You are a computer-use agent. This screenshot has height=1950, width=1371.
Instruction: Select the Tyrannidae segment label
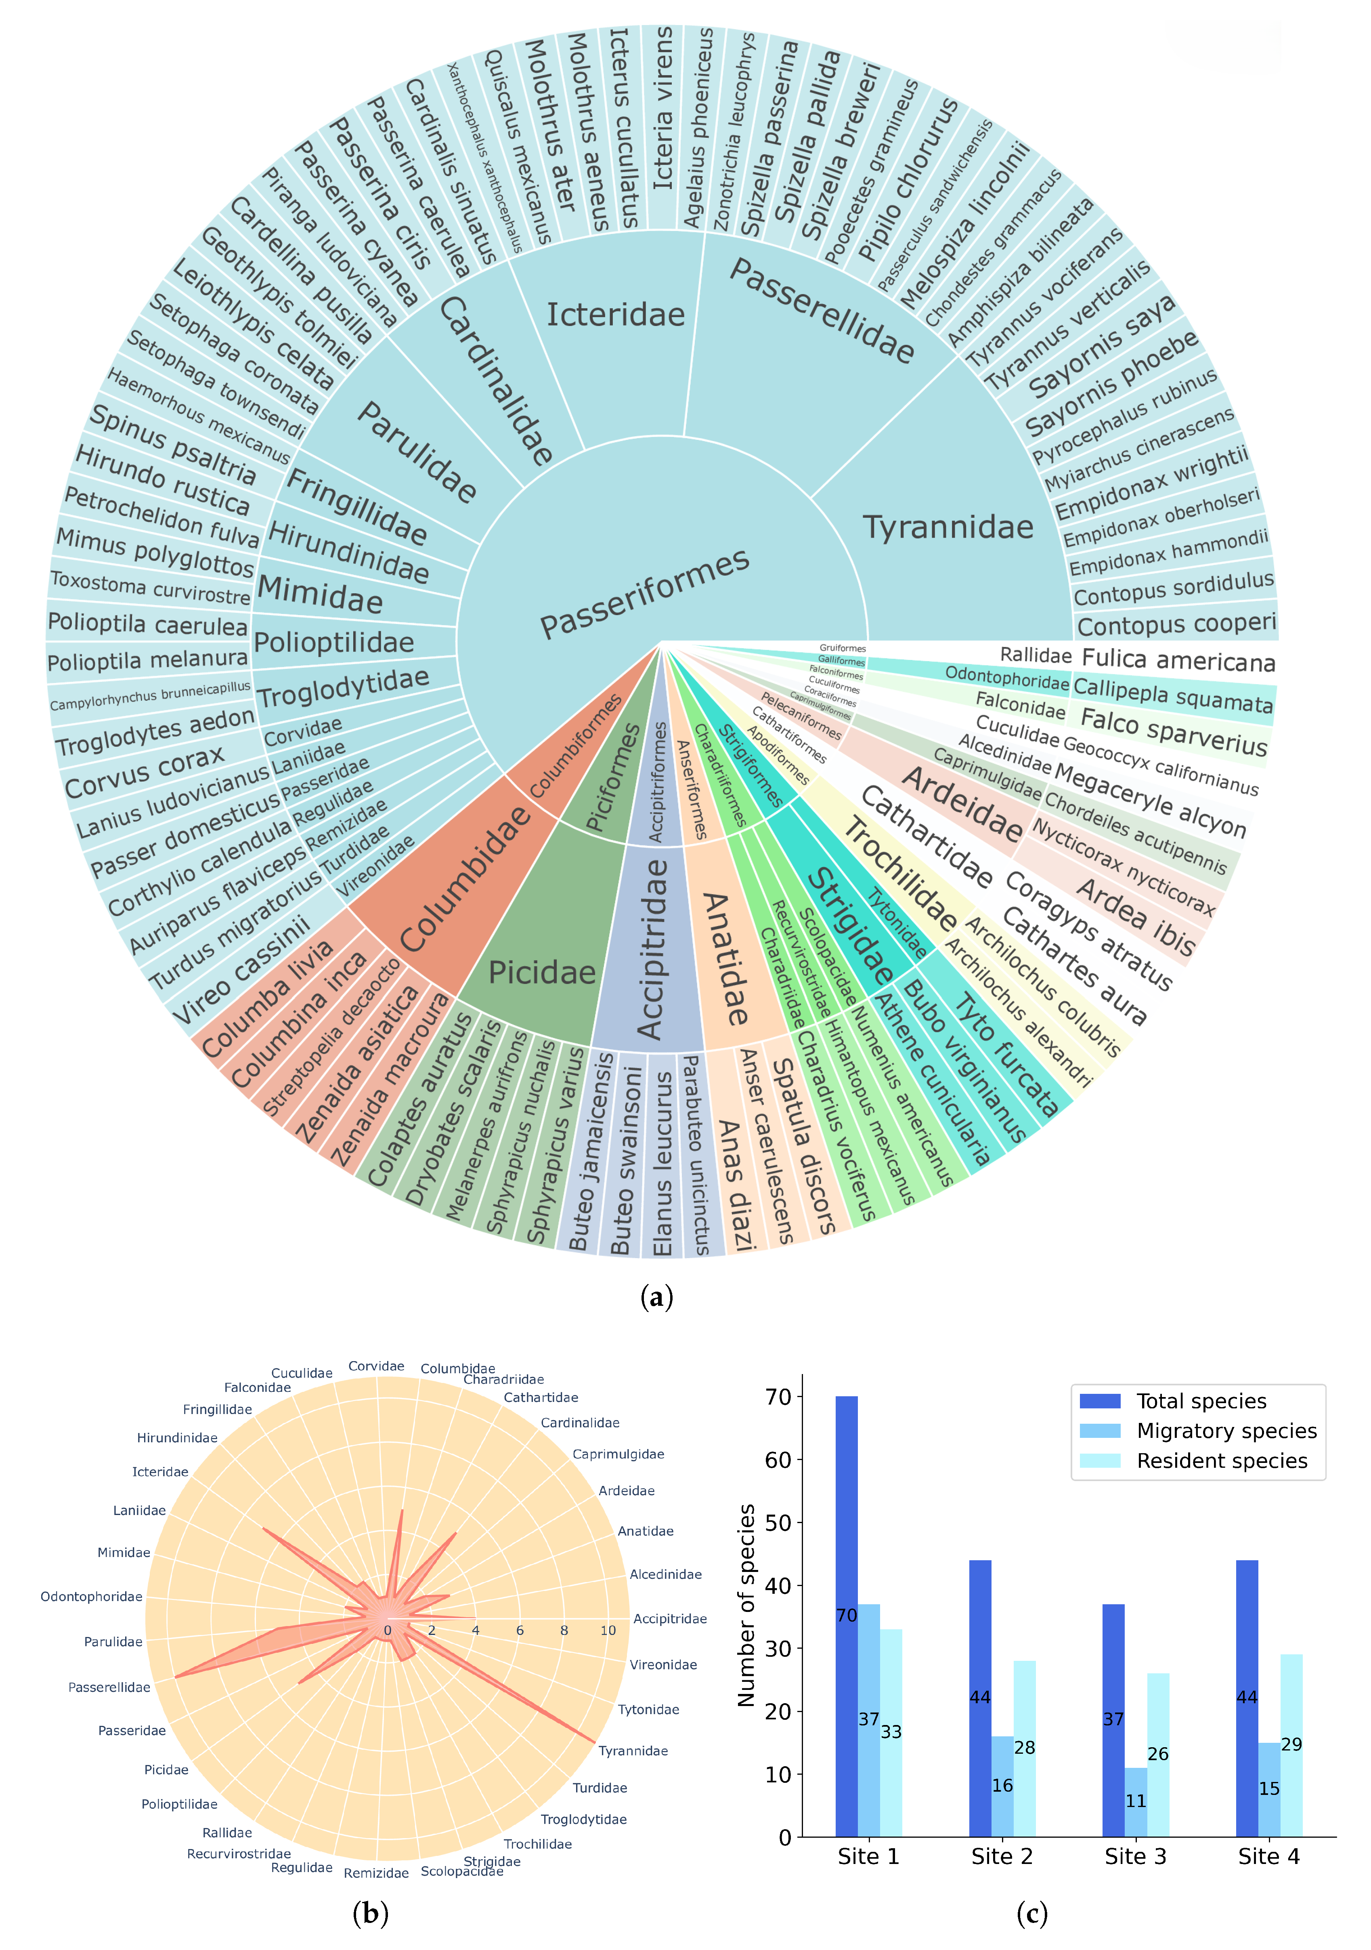(x=948, y=527)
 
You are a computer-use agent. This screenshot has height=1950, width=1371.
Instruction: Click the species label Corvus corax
(x=144, y=773)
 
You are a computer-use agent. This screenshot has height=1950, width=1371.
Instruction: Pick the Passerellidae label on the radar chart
(x=109, y=1687)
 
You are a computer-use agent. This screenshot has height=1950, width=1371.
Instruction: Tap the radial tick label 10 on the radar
(x=608, y=1631)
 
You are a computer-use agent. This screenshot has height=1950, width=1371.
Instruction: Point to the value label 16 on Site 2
(x=1002, y=1786)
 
